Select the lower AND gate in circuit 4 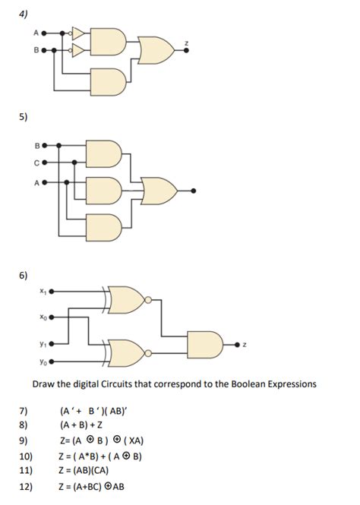coord(105,77)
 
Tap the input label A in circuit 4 coord(35,33)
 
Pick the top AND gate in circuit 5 coord(104,151)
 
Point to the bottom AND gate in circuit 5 coord(104,226)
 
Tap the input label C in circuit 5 coord(36,162)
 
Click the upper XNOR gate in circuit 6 coord(127,301)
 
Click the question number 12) coord(24,487)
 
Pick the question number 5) coord(24,118)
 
